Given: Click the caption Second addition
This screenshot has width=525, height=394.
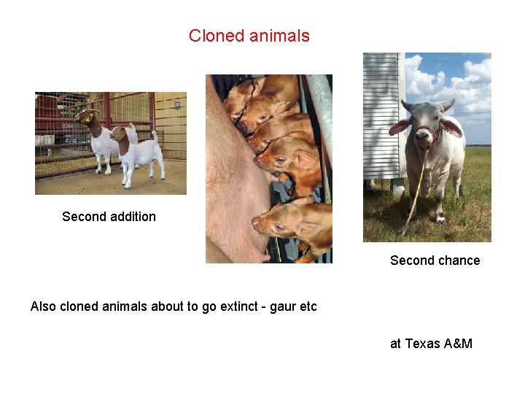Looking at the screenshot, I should (109, 217).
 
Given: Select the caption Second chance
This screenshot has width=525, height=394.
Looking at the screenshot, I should (435, 260).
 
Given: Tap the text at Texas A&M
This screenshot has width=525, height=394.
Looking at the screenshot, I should (431, 343).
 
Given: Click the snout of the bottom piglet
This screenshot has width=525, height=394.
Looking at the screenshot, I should (257, 221).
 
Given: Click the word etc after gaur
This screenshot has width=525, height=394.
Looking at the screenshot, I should (308, 306).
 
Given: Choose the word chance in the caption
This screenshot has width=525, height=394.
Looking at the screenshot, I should (459, 260).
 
